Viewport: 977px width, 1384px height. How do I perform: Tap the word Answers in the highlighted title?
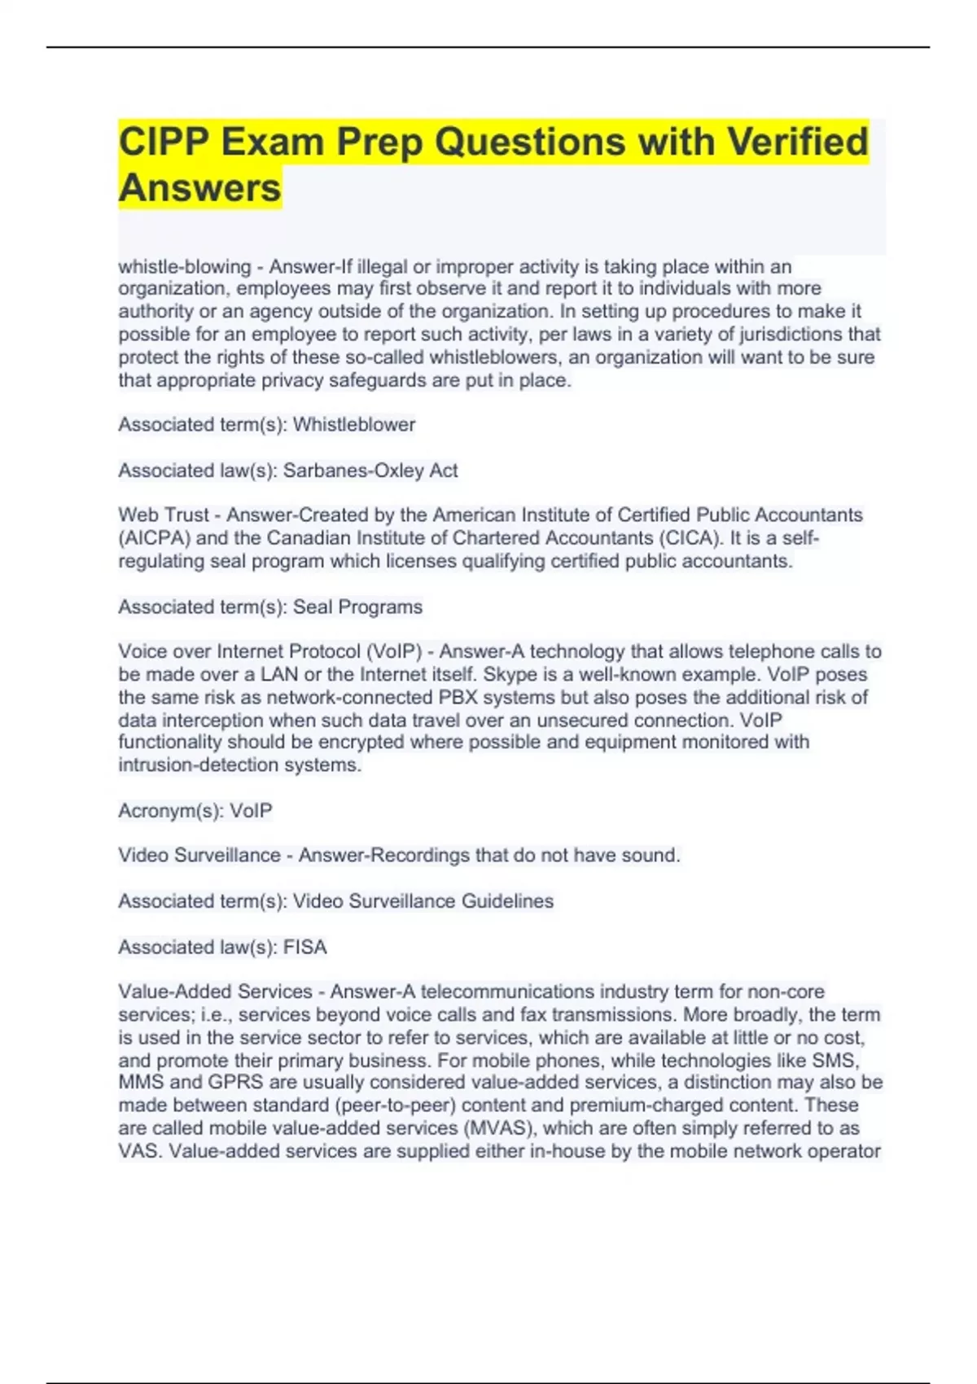(199, 188)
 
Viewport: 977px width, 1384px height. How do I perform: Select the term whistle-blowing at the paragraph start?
(185, 266)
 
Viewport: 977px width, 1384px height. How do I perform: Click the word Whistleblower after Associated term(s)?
(354, 424)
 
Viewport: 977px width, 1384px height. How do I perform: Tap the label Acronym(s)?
(171, 811)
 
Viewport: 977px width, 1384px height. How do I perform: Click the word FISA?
(304, 947)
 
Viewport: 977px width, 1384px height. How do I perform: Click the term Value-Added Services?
(215, 992)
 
